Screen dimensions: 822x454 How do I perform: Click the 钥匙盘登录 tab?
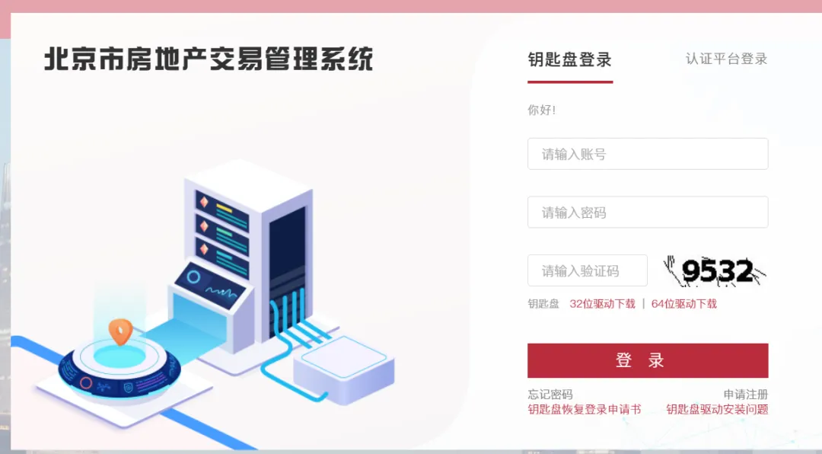569,59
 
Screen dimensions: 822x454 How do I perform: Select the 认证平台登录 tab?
726,59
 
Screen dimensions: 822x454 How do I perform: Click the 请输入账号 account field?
647,154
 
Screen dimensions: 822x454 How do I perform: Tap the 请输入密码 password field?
647,213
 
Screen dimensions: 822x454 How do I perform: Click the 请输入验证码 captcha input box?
587,270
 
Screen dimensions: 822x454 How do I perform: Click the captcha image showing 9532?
715,271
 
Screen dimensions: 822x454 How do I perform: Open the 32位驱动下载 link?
602,304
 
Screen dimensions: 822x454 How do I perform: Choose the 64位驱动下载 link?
683,304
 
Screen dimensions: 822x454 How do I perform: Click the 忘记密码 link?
550,395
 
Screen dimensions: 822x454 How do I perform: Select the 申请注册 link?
745,395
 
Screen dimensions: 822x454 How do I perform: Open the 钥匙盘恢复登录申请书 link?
584,409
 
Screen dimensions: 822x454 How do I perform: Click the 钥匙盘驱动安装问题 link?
717,409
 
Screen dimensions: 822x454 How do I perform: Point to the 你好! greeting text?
541,110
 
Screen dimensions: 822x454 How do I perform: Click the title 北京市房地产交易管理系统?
209,59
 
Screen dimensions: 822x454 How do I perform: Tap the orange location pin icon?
120,331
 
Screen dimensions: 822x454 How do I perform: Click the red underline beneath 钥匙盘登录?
569,82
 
